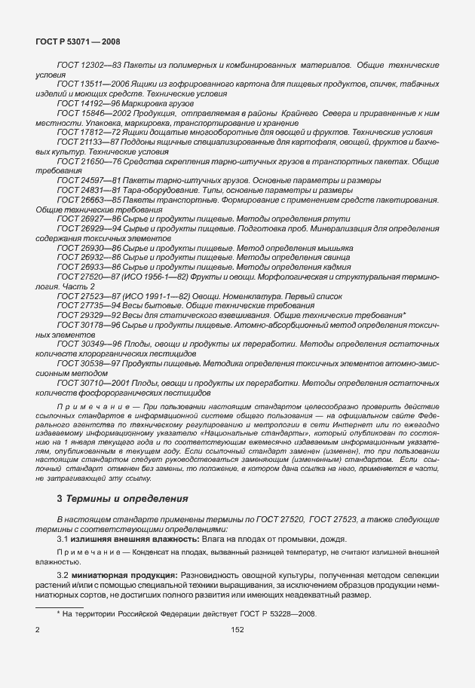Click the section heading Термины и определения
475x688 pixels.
126,499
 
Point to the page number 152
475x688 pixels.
237,628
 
